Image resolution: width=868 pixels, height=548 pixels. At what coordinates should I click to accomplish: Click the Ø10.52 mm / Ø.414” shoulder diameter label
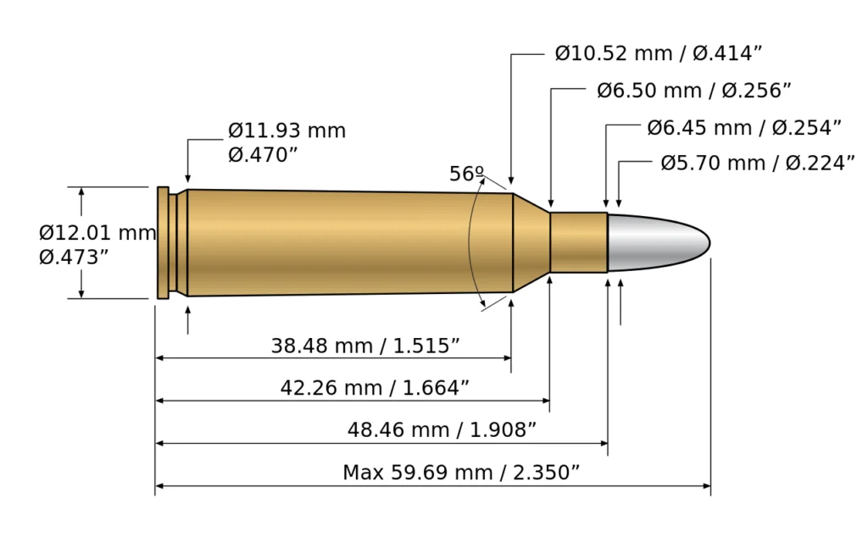[659, 54]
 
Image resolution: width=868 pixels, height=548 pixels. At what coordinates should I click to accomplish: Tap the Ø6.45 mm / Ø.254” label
[743, 128]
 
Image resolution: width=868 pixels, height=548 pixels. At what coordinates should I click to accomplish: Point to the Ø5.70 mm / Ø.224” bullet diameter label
[757, 163]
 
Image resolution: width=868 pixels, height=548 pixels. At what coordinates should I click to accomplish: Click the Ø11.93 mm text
[287, 131]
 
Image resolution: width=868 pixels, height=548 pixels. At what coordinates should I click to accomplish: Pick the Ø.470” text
[263, 155]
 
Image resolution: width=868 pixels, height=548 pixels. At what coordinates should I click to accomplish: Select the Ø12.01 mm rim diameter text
[97, 232]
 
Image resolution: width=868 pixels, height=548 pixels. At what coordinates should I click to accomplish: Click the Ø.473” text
[74, 257]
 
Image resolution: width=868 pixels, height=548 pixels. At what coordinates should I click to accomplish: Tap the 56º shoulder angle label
[466, 174]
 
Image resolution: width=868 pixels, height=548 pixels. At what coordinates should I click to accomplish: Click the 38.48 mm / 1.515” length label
[365, 346]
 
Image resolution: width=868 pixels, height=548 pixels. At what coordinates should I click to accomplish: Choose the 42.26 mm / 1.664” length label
[375, 388]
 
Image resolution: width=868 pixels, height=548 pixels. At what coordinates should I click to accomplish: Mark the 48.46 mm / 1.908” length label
[442, 430]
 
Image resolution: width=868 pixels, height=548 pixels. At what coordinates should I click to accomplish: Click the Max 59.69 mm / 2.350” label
[460, 473]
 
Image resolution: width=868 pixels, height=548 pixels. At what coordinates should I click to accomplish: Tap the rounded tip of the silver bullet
[705, 243]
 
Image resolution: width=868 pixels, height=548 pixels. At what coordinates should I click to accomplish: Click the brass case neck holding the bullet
[578, 242]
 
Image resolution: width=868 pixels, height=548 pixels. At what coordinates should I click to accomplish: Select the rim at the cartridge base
[163, 242]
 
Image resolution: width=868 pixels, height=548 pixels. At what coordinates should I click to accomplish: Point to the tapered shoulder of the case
[531, 242]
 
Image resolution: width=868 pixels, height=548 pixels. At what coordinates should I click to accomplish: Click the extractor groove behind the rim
[173, 242]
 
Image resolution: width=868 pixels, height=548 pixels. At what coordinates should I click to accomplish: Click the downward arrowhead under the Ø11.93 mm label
[187, 167]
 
